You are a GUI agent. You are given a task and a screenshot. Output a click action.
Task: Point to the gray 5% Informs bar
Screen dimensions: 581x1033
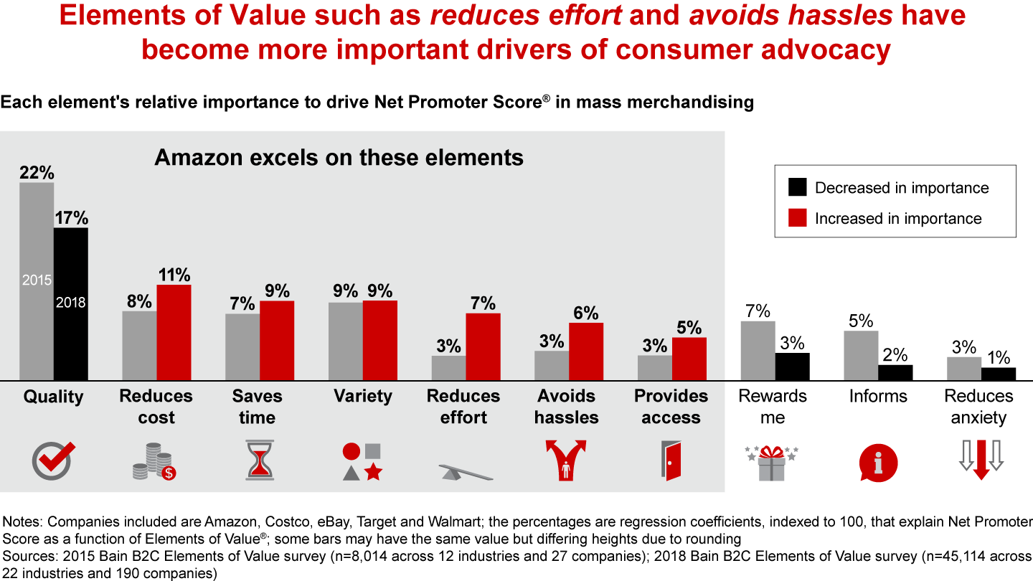(861, 355)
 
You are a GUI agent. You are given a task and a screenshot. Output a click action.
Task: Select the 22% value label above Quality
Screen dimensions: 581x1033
(37, 173)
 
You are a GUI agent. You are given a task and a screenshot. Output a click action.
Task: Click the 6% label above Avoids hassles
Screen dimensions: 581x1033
(586, 313)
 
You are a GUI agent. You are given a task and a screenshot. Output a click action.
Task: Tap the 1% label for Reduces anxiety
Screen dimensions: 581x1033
(998, 357)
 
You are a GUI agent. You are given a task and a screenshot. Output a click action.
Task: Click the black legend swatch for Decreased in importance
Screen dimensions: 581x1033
(797, 188)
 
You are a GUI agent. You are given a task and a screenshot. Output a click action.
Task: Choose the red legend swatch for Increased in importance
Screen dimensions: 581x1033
(797, 218)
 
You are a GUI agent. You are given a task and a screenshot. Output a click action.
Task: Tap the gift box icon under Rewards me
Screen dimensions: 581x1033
(772, 462)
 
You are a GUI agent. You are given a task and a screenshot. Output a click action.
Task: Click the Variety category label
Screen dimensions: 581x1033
(363, 397)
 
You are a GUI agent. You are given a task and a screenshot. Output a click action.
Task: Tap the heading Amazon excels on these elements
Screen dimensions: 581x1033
(339, 157)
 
